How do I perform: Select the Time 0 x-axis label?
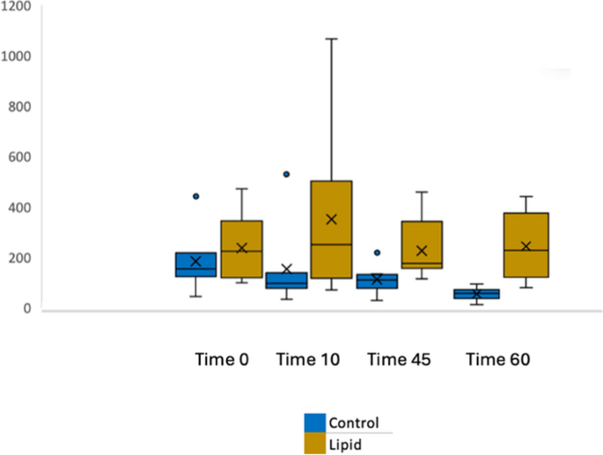222,360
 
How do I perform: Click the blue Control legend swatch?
315,422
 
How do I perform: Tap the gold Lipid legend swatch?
315,444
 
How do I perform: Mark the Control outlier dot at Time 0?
196,196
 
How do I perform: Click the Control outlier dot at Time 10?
286,174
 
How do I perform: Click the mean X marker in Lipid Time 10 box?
331,219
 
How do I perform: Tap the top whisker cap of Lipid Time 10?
331,39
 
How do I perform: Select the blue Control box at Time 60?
475,294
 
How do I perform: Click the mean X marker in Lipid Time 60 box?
526,246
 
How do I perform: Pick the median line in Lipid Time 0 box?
241,251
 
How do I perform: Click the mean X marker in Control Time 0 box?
196,261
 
